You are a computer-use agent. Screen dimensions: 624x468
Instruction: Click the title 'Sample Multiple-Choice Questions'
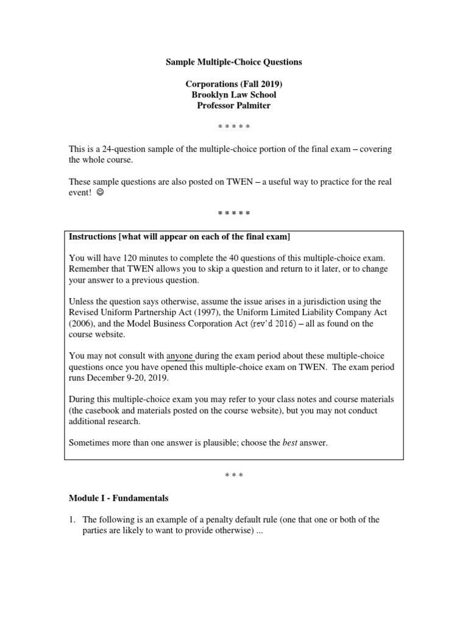coord(234,62)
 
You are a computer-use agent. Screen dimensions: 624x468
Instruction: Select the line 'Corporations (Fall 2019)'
coord(234,84)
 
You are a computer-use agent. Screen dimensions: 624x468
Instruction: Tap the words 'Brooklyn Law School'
coord(234,94)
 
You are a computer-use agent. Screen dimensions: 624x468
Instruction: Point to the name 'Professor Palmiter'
coord(234,105)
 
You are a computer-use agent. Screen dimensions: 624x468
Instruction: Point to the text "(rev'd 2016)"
coord(266,324)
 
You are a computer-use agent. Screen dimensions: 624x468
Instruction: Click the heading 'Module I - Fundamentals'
coord(119,498)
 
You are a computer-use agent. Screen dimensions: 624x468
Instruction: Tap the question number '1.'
coord(73,519)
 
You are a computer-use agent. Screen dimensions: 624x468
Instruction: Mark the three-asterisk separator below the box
coord(234,475)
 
